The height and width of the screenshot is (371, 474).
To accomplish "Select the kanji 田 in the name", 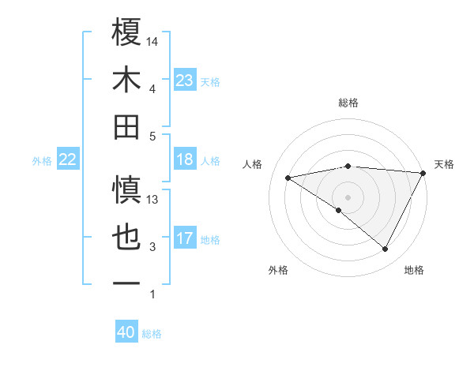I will (x=127, y=126).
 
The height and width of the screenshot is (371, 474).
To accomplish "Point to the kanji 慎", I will (x=127, y=190).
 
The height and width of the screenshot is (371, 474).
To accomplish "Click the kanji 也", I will (x=127, y=238).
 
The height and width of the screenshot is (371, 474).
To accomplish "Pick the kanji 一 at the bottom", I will (x=127, y=283).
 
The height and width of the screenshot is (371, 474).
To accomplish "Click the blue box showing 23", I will (x=184, y=81).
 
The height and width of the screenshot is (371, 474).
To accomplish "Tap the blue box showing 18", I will (x=184, y=160).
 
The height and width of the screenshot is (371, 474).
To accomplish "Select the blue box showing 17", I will (x=184, y=238).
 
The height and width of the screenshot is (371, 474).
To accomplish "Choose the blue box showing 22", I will (x=67, y=160).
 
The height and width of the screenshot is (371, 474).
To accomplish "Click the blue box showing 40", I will (x=126, y=333).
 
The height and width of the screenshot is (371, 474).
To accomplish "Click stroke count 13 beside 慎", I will (x=152, y=200).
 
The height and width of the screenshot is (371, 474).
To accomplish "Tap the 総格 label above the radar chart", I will (x=348, y=103).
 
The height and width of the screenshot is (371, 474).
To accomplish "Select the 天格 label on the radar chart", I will (x=444, y=164).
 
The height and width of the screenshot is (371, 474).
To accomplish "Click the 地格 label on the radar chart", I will (x=414, y=271).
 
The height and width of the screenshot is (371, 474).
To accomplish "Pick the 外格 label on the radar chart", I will (x=278, y=271).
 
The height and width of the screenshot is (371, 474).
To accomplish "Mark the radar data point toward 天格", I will (x=423, y=173).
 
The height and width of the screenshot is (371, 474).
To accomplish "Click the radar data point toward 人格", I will (x=288, y=178).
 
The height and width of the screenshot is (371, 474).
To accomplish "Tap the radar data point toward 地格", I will (x=386, y=249).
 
